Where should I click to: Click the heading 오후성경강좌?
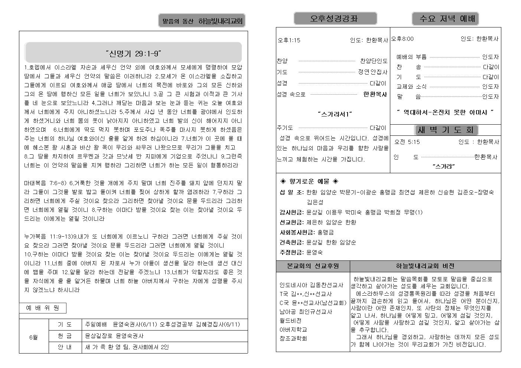pyautogui.click(x=335, y=19)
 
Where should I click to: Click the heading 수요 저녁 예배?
pyautogui.click(x=445, y=19)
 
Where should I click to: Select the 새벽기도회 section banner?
pyautogui.click(x=446, y=130)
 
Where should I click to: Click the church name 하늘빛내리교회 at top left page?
pyautogui.click(x=220, y=21)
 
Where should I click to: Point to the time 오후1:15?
pyautogui.click(x=289, y=40)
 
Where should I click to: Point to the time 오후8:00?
pyautogui.click(x=402, y=39)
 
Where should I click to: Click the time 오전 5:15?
pyautogui.click(x=407, y=142)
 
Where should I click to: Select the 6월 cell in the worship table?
pyautogui.click(x=33, y=337)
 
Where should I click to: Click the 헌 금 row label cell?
pyautogui.click(x=65, y=336)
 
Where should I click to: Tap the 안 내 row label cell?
pyautogui.click(x=65, y=347)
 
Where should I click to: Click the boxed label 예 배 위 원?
pyautogui.click(x=43, y=308)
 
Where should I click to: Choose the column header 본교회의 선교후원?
pyautogui.click(x=313, y=266)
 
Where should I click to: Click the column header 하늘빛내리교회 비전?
pyautogui.click(x=425, y=266)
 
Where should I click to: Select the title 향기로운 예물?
pyautogui.click(x=309, y=181)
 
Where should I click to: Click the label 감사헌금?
pyautogui.click(x=292, y=212)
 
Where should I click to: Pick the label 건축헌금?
pyautogui.click(x=292, y=242)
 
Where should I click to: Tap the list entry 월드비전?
pyautogui.click(x=290, y=321)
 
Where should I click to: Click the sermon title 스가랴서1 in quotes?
pyautogui.click(x=335, y=114)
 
